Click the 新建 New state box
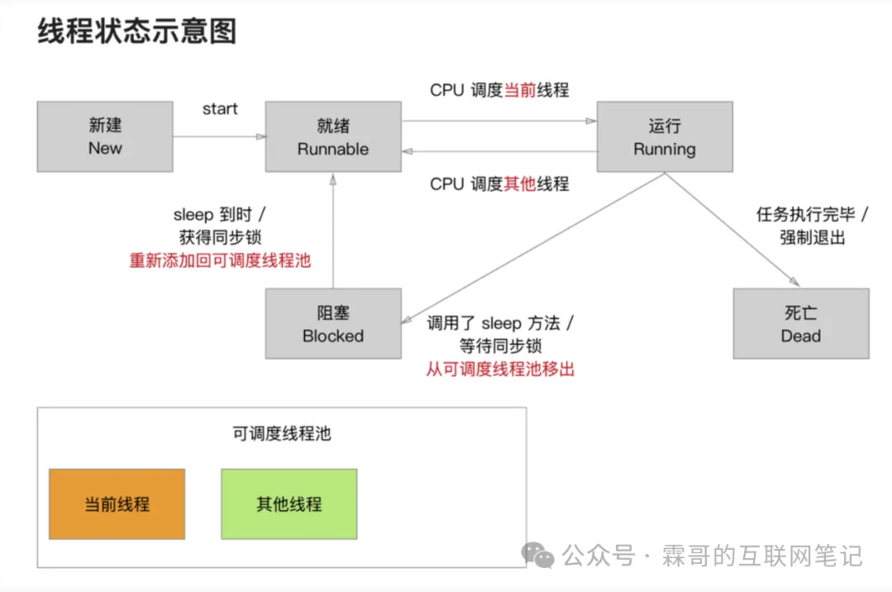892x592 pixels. pyautogui.click(x=105, y=136)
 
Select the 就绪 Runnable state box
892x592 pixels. pyautogui.click(x=333, y=136)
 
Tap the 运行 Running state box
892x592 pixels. pyautogui.click(x=665, y=136)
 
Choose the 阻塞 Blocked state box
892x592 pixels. pyautogui.click(x=333, y=324)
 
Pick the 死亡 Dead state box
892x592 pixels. pyautogui.click(x=800, y=324)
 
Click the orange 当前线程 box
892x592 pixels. pyautogui.click(x=116, y=504)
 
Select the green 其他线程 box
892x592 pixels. pyautogui.click(x=289, y=504)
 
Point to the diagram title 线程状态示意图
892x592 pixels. pyautogui.click(x=137, y=31)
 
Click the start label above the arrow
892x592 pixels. pyautogui.click(x=220, y=109)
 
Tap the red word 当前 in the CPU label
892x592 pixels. pyautogui.click(x=520, y=90)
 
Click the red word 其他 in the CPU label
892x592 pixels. pyautogui.click(x=520, y=184)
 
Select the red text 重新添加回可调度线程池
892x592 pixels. pyautogui.click(x=220, y=260)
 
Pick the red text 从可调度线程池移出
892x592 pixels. pyautogui.click(x=501, y=369)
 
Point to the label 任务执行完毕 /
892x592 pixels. pyautogui.click(x=812, y=215)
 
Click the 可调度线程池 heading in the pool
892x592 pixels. pyautogui.click(x=282, y=433)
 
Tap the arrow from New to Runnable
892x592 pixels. pyautogui.click(x=219, y=136)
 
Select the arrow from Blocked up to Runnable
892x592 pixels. pyautogui.click(x=333, y=231)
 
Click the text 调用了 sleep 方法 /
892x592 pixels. pyautogui.click(x=501, y=323)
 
